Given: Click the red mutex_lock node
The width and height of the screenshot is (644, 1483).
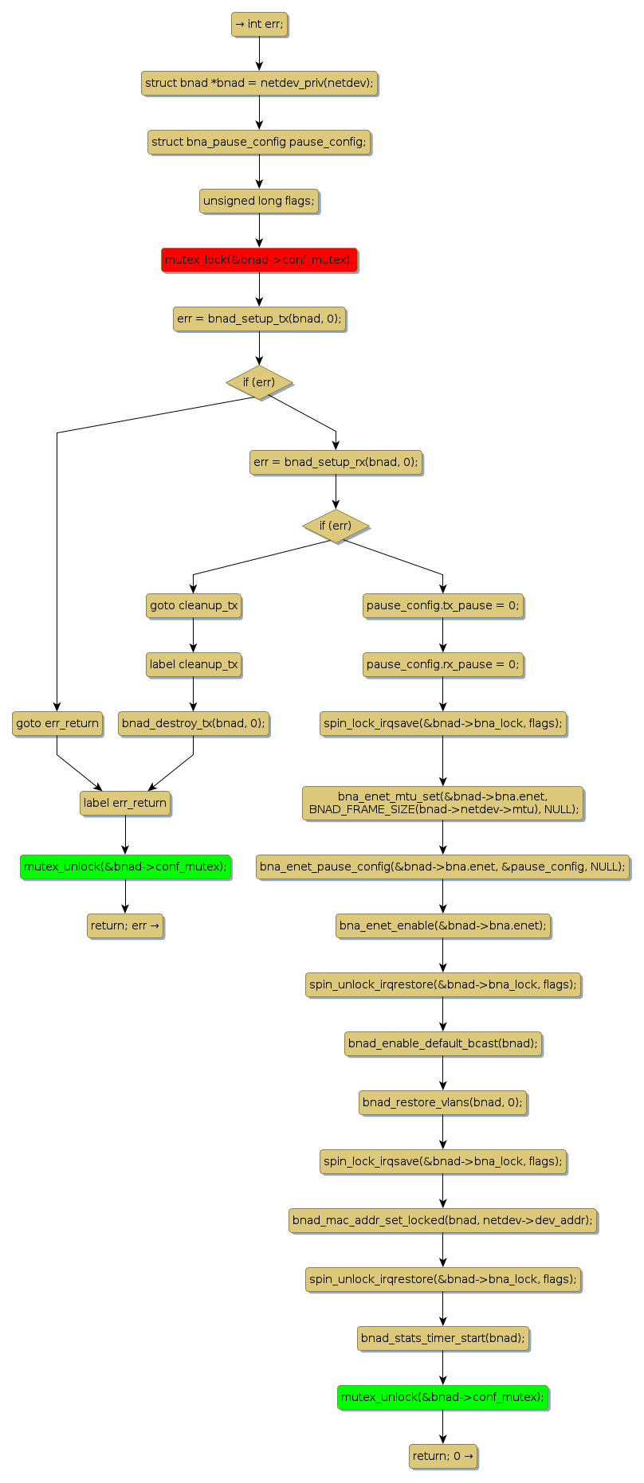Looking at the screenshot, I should coord(259,260).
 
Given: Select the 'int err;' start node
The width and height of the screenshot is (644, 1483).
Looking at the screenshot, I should coord(259,24).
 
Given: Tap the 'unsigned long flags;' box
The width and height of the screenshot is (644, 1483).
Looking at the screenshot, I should coord(259,201).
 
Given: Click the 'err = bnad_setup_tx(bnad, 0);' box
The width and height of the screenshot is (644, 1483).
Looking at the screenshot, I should coord(259,319).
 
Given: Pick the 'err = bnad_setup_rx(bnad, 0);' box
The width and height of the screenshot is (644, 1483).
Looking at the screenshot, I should coord(336,462).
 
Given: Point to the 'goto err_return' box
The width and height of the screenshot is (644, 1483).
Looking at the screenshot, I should coord(57,723).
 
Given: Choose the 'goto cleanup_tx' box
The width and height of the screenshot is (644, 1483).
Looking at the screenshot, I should coord(194,605).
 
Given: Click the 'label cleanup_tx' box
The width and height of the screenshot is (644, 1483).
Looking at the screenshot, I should coord(194,664).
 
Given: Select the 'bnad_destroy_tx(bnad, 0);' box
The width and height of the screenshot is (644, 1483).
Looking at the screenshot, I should coord(194,723).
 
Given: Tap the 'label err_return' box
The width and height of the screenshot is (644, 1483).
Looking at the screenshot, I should coord(125,803).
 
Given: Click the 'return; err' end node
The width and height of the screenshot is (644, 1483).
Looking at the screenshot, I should coord(125,925).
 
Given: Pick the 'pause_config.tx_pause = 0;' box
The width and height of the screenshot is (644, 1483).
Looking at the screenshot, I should coord(442,605).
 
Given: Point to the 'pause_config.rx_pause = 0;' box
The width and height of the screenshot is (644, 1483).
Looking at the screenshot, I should coord(442,664).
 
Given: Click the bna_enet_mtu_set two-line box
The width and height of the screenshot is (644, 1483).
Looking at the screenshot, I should coord(442,803).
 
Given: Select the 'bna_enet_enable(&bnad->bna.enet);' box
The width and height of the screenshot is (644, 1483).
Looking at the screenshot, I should coord(442,925).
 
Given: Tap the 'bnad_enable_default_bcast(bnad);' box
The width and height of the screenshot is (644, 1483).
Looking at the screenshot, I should coord(442,1043).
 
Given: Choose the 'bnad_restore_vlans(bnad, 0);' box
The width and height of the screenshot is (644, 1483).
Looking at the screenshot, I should coord(442,1102).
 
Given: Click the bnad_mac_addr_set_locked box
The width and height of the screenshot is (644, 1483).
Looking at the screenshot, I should coord(442,1220).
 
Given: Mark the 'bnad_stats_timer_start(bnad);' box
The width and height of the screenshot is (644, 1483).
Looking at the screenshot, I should coord(442,1338).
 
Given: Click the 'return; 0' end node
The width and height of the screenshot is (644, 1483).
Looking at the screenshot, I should coord(442,1456).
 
